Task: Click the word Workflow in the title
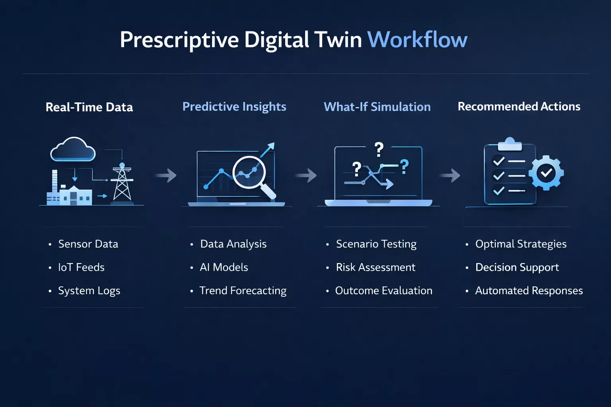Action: click(417, 40)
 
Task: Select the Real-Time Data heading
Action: click(89, 107)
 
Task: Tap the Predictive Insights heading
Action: click(234, 107)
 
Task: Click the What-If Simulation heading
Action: click(377, 107)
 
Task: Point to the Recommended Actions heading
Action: click(519, 107)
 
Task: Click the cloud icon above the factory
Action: click(73, 149)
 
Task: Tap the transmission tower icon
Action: click(122, 183)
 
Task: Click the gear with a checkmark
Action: click(546, 173)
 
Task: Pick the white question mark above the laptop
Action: click(379, 150)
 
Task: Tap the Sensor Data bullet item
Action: click(88, 244)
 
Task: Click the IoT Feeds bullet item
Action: click(81, 267)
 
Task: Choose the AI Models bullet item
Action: click(224, 267)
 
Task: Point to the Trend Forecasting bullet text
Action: click(243, 291)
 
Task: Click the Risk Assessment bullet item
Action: click(375, 267)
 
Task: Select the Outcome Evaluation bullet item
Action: click(383, 291)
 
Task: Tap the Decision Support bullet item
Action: click(517, 267)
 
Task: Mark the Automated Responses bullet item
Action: click(529, 291)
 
